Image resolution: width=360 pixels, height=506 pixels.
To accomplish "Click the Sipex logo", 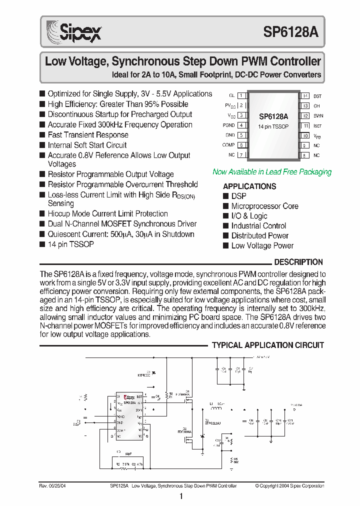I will tap(73, 32).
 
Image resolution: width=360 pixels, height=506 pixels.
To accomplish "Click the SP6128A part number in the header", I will tap(290, 32).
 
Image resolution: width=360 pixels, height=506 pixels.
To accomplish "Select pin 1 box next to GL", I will tap(241, 95).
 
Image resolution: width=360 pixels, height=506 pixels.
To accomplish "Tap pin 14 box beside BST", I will tap(304, 95).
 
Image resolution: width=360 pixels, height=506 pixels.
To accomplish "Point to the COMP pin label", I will tap(228, 145).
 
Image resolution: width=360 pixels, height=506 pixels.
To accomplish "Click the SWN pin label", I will tap(317, 115).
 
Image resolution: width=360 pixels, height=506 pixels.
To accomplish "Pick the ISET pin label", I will tap(317, 125).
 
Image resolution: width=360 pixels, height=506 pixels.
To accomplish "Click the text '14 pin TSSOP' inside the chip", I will tap(273, 127).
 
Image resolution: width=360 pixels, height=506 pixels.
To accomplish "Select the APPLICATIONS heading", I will tap(249, 186).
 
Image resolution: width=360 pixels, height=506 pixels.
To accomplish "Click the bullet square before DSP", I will tap(226, 196).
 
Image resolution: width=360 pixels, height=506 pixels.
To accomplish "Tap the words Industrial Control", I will tap(258, 226).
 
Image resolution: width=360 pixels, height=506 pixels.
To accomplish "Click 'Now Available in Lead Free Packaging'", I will tap(272, 172).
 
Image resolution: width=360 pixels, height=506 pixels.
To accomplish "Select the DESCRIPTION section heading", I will tap(298, 262).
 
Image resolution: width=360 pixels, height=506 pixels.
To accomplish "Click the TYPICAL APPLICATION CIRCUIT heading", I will tap(268, 345).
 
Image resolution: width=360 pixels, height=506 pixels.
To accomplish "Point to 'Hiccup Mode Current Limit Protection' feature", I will tap(107, 213).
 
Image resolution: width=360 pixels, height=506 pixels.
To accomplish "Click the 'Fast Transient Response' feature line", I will tap(88, 135).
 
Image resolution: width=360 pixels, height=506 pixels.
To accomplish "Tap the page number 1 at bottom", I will tap(181, 496).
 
